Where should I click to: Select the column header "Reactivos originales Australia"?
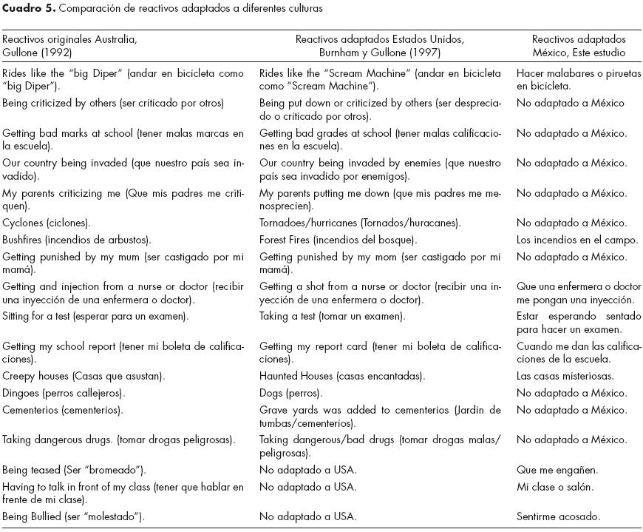[x=69, y=39]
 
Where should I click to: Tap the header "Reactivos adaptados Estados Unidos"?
[x=384, y=39]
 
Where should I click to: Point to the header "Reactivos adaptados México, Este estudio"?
[x=579, y=46]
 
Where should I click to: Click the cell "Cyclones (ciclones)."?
[x=47, y=223]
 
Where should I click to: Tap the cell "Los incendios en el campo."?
[x=577, y=240]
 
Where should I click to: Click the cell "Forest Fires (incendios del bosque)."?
[x=338, y=240]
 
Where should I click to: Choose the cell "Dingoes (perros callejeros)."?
[x=64, y=393]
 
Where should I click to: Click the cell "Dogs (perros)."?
[x=293, y=393]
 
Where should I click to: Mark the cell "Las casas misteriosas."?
[x=565, y=376]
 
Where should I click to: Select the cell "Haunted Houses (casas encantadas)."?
[x=341, y=376]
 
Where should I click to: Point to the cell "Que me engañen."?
[x=557, y=470]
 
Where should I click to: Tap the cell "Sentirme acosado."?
[x=559, y=516]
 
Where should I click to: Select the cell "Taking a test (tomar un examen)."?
[x=332, y=317]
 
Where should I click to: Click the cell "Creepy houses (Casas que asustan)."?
[x=84, y=376]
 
